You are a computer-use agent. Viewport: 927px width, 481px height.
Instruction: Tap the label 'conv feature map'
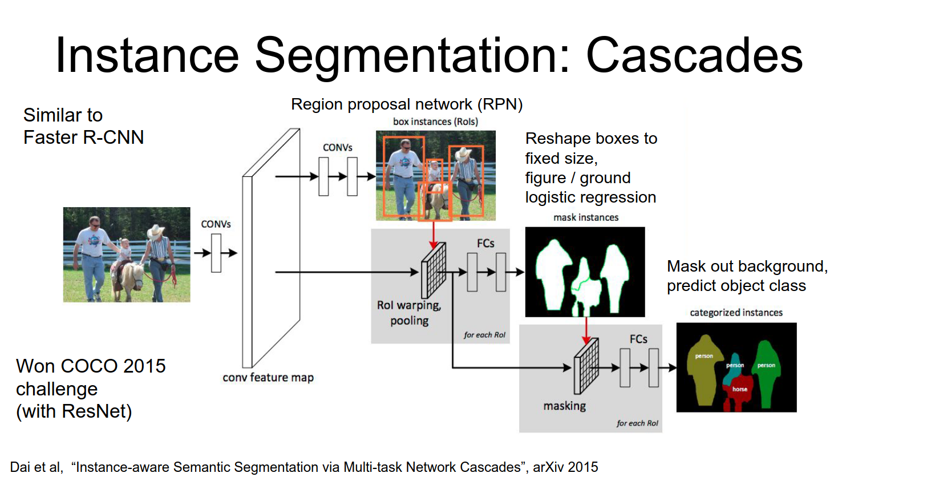click(x=268, y=377)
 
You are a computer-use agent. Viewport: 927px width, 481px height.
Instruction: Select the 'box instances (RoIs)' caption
click(x=435, y=122)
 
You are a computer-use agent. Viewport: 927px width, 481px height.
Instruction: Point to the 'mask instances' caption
click(x=586, y=217)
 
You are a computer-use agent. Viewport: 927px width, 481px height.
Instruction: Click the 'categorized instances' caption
click(x=736, y=313)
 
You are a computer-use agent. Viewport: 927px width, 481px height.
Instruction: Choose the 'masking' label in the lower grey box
click(x=564, y=406)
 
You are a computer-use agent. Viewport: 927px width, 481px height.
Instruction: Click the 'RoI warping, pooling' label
click(x=409, y=313)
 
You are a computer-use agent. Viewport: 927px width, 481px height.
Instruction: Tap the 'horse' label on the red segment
click(x=740, y=389)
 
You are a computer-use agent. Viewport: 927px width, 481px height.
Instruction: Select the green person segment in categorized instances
click(x=766, y=374)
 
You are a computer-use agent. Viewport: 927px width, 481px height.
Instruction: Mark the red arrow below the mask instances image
click(x=586, y=330)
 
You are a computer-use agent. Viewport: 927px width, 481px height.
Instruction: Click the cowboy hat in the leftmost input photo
click(x=155, y=231)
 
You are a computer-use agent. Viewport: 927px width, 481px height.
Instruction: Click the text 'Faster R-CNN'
click(x=83, y=138)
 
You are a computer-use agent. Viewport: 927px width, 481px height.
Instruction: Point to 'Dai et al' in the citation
click(x=35, y=467)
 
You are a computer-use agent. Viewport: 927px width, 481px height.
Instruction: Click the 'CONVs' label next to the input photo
click(x=216, y=224)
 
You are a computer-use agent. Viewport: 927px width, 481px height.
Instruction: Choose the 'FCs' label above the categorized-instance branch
click(x=638, y=339)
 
